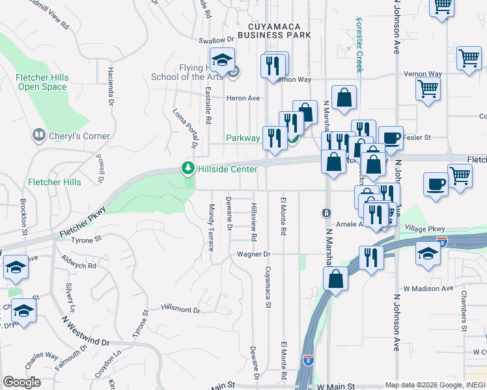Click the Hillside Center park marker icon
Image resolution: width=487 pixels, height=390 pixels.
[x=188, y=169]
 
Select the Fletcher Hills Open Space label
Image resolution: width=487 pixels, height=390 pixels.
[x=42, y=83]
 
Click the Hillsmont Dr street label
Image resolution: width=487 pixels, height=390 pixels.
[x=180, y=309]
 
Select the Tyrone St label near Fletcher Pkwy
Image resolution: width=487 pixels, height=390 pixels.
[x=87, y=239]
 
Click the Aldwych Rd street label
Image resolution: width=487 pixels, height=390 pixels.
[x=78, y=266]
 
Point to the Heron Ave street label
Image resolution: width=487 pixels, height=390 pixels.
[x=243, y=98]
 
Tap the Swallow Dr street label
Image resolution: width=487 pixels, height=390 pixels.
[x=216, y=40]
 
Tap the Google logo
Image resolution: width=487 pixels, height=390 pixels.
[x=21, y=382]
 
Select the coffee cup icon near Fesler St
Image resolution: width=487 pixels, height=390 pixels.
[x=391, y=138]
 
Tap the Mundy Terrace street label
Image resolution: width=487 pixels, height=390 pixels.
[x=212, y=227]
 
